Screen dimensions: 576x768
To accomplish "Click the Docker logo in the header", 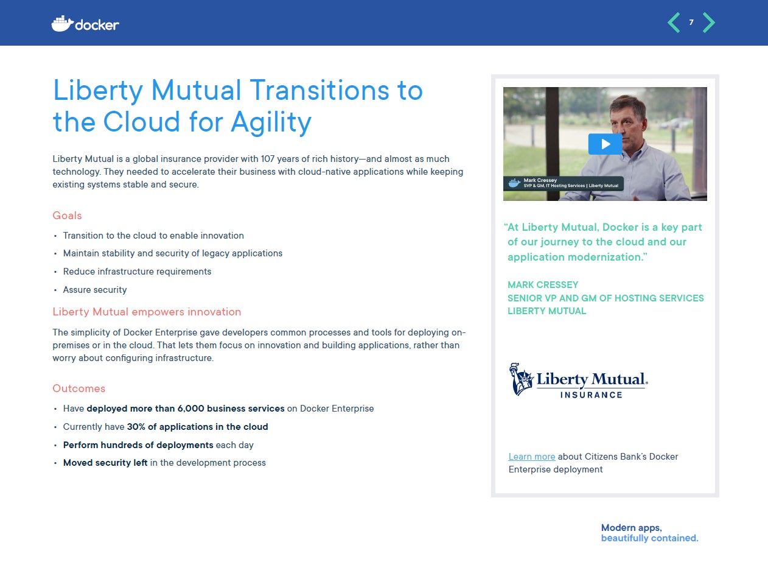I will click(85, 24).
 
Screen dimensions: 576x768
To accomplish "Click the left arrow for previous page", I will click(674, 23).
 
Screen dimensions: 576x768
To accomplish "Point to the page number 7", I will click(691, 23).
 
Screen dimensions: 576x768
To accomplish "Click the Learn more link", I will click(531, 457).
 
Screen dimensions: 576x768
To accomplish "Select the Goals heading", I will click(67, 216).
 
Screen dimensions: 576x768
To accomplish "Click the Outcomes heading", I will click(79, 388).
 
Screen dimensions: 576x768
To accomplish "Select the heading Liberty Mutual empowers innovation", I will click(147, 312).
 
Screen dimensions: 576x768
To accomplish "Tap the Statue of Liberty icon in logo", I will click(521, 379).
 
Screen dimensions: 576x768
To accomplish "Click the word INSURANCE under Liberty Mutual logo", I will click(591, 395).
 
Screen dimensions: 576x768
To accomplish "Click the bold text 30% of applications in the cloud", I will click(197, 427).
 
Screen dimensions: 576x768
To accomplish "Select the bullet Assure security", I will click(95, 290).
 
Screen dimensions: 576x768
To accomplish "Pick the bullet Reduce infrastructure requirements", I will click(137, 272).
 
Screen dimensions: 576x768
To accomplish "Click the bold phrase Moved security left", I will click(105, 463).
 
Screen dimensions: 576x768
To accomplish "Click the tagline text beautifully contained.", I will click(649, 538).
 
